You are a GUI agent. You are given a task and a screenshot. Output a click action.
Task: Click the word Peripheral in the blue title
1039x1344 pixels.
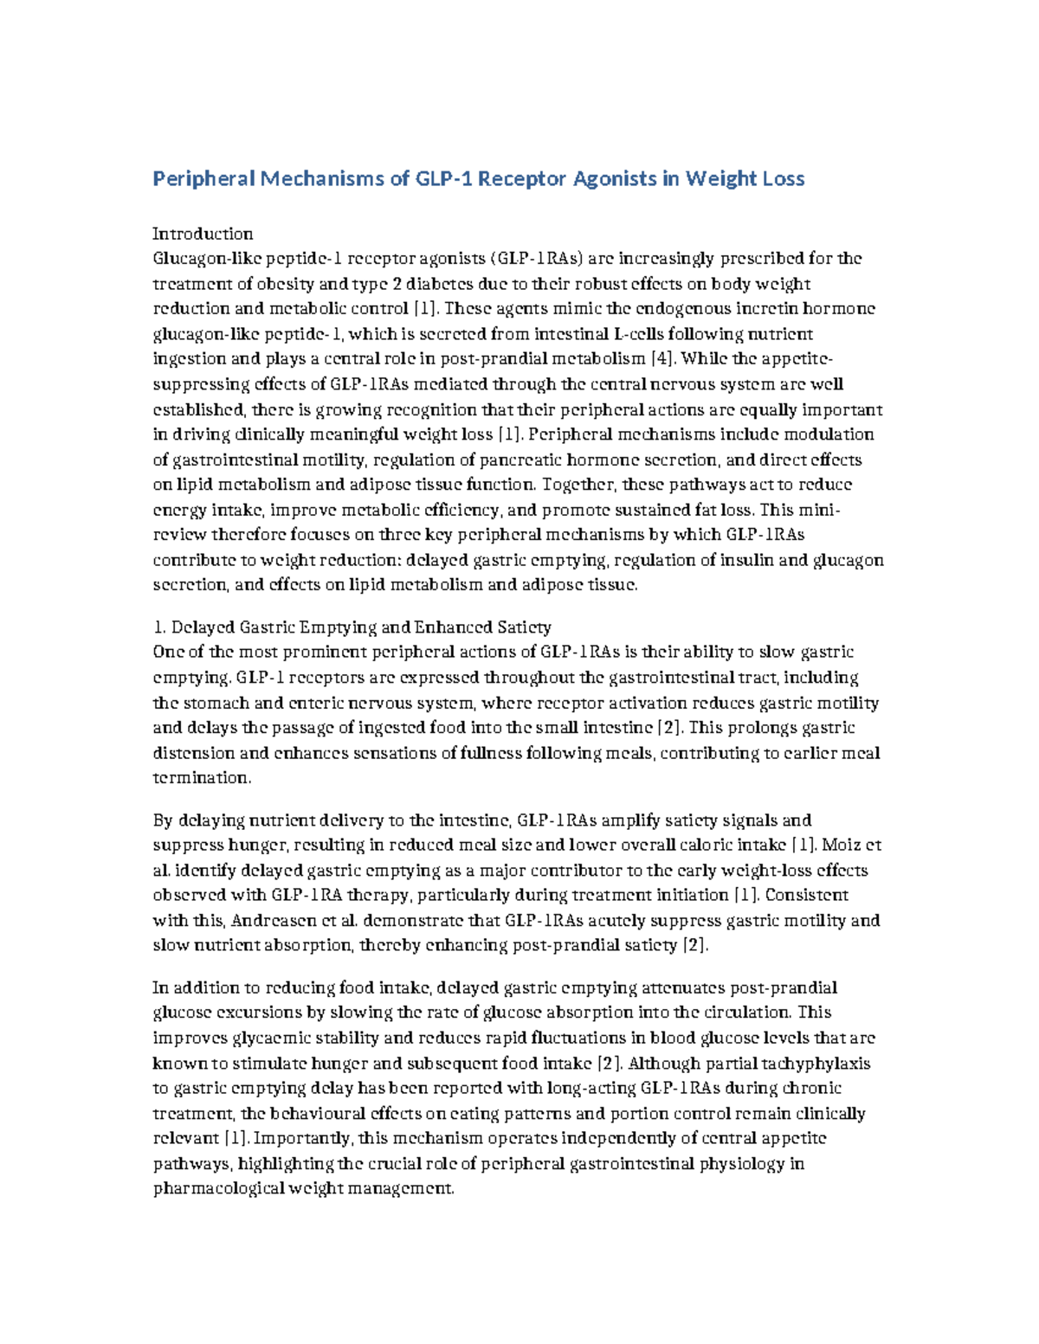tap(203, 179)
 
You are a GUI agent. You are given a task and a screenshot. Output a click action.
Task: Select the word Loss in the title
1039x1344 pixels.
tap(783, 179)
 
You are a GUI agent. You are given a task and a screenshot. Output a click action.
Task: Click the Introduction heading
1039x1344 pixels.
tap(203, 234)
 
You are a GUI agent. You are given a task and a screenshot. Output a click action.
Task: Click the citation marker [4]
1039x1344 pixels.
tap(659, 359)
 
